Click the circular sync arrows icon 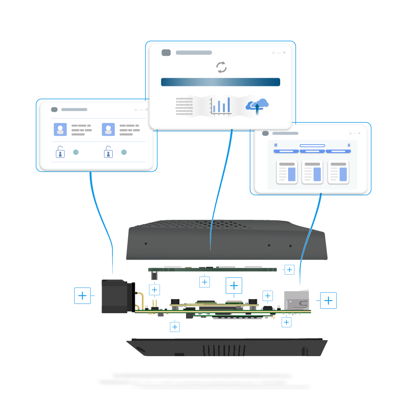tap(221, 67)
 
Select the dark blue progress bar tap(221, 82)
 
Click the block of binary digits tap(184, 106)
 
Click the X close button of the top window tap(284, 53)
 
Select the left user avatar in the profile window tap(60, 129)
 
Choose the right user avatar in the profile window tap(108, 129)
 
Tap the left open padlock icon tap(60, 152)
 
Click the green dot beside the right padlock tap(124, 152)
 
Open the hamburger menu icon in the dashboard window tap(276, 145)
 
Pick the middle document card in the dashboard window tap(312, 172)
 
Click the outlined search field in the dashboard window tap(312, 146)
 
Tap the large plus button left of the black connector tap(82, 295)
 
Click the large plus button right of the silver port tap(328, 300)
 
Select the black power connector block tap(116, 296)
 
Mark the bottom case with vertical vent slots tap(226, 348)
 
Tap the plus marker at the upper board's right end tap(289, 269)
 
